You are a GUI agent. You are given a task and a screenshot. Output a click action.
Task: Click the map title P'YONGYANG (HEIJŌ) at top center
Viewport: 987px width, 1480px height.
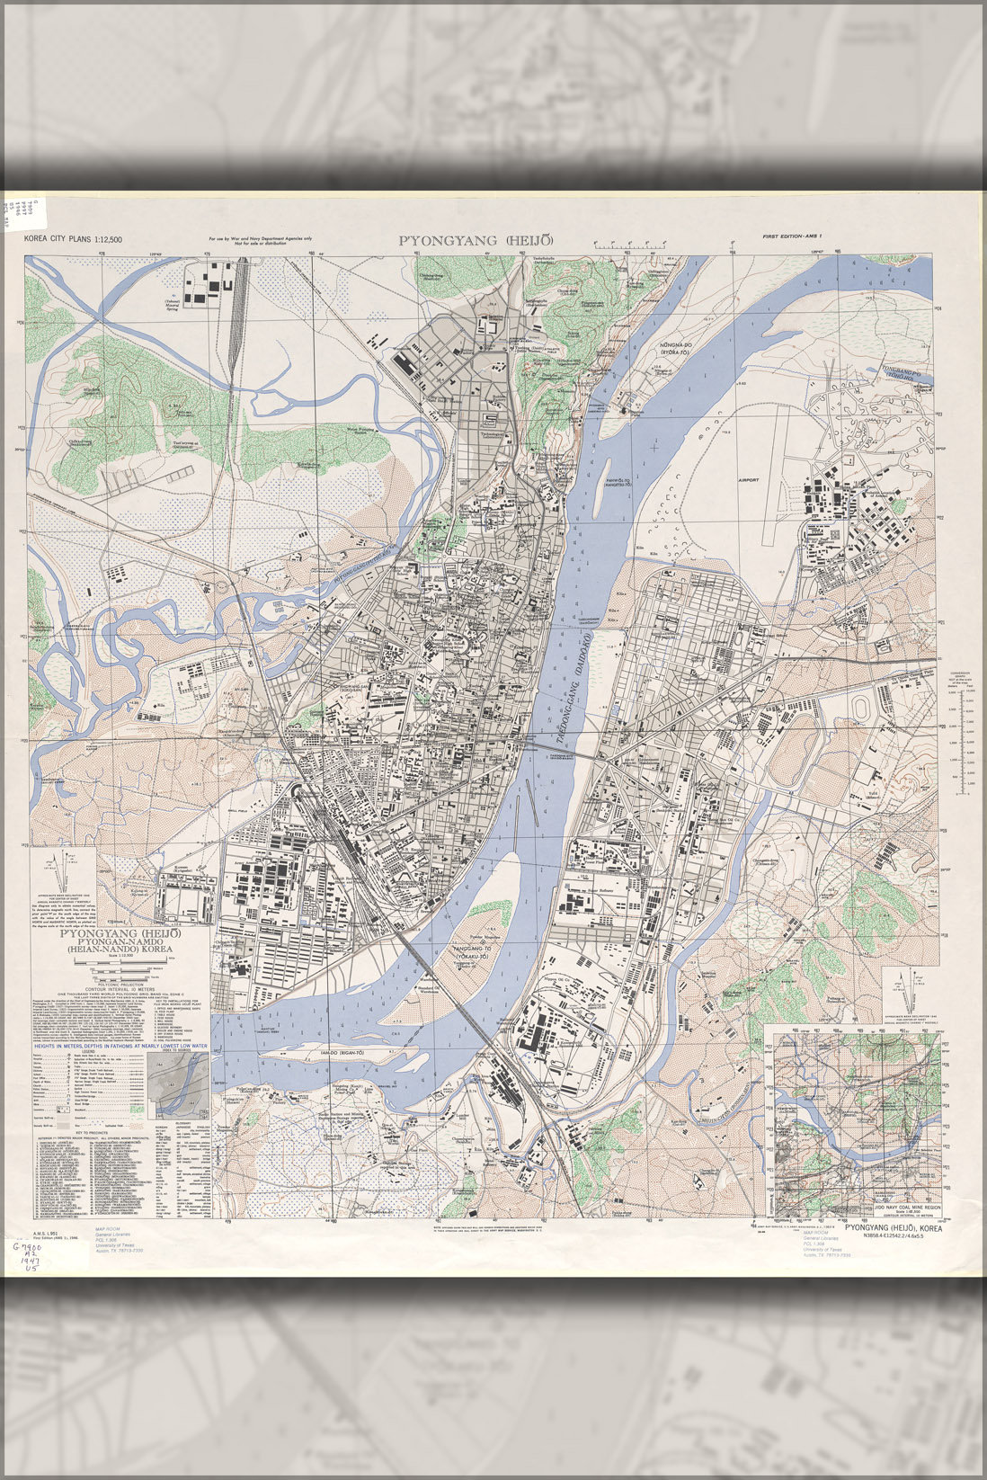pos(476,240)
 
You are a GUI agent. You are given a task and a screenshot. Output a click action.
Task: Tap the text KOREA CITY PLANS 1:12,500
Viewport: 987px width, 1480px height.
pos(73,240)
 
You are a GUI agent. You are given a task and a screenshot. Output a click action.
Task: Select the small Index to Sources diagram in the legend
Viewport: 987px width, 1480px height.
pos(184,1083)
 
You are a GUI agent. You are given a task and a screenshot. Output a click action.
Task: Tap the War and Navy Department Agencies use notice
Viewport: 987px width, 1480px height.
pos(260,241)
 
